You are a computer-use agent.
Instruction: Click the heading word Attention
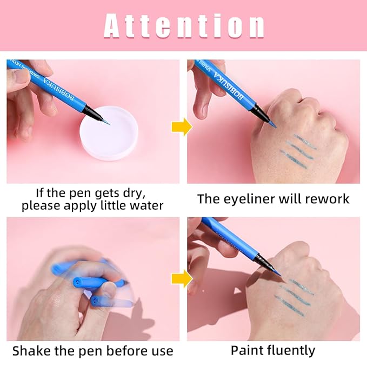pos(184,25)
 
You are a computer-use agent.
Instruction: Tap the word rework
pos(326,198)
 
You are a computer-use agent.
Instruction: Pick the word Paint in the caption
pos(246,350)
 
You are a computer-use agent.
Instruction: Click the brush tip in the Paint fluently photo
pos(278,274)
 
